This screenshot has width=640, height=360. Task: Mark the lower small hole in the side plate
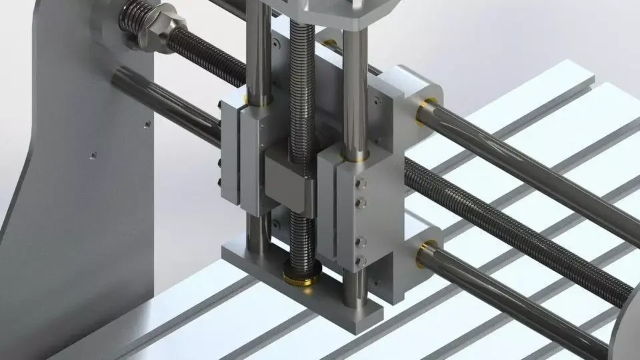coord(93,157)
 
